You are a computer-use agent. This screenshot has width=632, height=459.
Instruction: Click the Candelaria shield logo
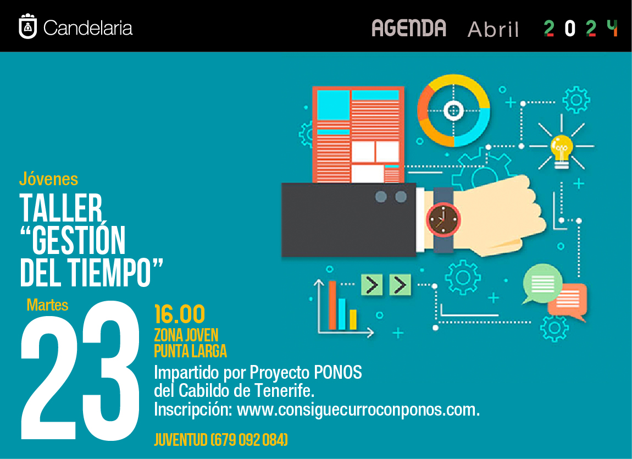click(28, 26)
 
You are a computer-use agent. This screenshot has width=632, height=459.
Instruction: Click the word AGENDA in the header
click(409, 28)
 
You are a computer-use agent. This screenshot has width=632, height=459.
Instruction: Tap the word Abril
click(493, 29)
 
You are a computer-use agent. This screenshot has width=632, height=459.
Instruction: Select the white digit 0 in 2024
click(570, 29)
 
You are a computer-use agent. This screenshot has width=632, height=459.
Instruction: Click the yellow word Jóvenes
click(48, 179)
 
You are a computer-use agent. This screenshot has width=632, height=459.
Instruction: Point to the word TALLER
click(61, 208)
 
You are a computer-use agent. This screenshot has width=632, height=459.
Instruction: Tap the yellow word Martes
click(47, 305)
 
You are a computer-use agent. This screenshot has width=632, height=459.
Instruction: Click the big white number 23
click(80, 370)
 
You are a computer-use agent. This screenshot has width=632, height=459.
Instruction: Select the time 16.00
click(180, 314)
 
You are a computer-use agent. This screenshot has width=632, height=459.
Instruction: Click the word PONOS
click(338, 372)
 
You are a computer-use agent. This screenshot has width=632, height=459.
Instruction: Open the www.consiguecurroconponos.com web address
click(358, 410)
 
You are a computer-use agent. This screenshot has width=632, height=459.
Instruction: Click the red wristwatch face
click(443, 219)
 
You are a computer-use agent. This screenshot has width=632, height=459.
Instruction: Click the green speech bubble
click(542, 284)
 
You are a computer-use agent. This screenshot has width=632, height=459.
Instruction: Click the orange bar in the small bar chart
click(332, 305)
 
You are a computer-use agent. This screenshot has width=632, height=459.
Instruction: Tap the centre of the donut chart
click(453, 110)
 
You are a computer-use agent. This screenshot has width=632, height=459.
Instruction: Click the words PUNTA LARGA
click(191, 351)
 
